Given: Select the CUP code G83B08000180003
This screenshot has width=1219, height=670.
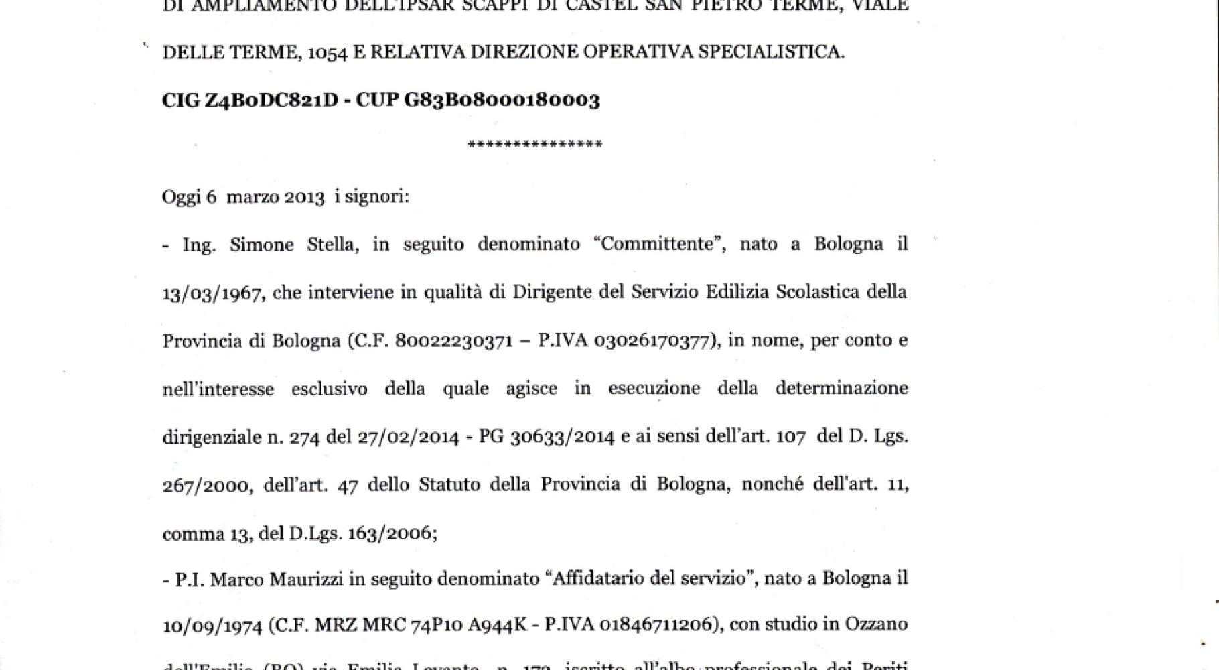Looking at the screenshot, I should pyautogui.click(x=502, y=100).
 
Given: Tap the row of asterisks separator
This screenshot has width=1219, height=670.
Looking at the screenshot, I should pyautogui.click(x=535, y=145).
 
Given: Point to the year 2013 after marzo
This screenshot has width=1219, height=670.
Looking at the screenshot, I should pyautogui.click(x=305, y=198).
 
